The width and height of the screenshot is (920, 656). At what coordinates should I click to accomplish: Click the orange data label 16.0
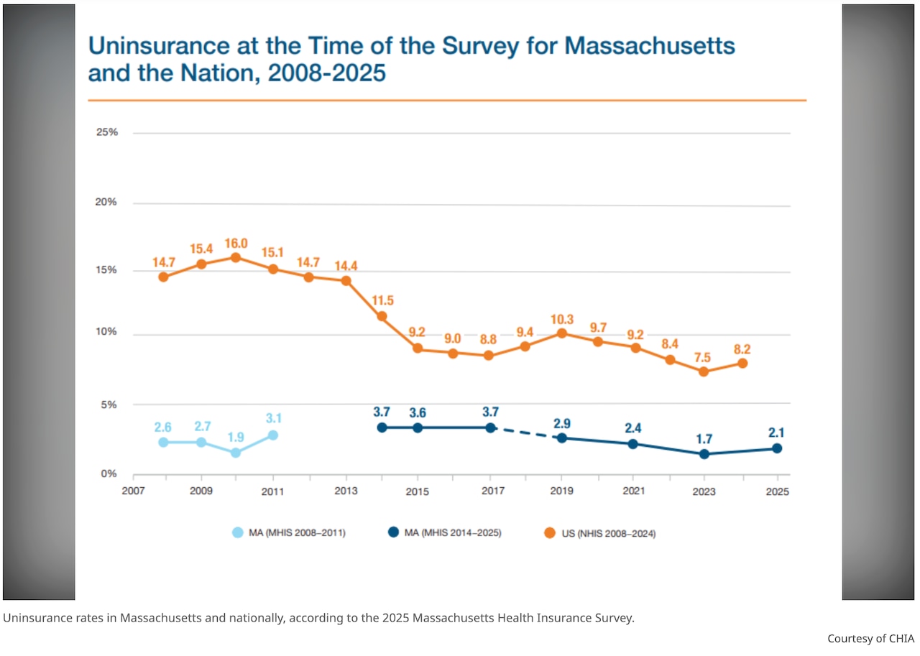tap(236, 244)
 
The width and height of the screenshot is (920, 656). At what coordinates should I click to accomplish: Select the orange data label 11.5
tap(381, 300)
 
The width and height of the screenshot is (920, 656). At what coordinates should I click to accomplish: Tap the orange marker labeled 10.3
tap(562, 333)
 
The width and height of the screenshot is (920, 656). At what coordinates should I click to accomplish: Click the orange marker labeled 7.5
tap(704, 371)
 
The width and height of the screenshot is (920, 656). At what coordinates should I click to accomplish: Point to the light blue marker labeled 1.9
tap(236, 453)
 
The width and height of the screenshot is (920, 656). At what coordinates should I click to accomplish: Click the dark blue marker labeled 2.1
tap(776, 448)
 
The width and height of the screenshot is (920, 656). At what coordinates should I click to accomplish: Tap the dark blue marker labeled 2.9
tap(562, 438)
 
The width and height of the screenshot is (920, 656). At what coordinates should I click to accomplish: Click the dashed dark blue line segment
tap(525, 433)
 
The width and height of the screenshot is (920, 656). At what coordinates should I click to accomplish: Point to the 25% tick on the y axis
tap(106, 133)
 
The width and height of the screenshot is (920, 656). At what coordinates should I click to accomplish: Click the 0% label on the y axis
tap(109, 474)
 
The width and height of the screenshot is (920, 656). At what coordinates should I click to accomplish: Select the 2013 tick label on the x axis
tap(346, 492)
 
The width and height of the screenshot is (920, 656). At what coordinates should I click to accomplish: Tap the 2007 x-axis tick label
tap(133, 492)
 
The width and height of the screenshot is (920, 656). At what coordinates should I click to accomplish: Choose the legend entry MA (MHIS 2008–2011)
tap(289, 533)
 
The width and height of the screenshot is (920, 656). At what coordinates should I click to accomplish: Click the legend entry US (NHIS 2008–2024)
tap(599, 533)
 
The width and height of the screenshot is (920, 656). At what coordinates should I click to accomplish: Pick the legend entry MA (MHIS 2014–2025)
tap(444, 533)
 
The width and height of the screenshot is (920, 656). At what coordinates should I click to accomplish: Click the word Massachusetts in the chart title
tap(650, 45)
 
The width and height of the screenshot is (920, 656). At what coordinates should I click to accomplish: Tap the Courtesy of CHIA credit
tap(870, 638)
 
